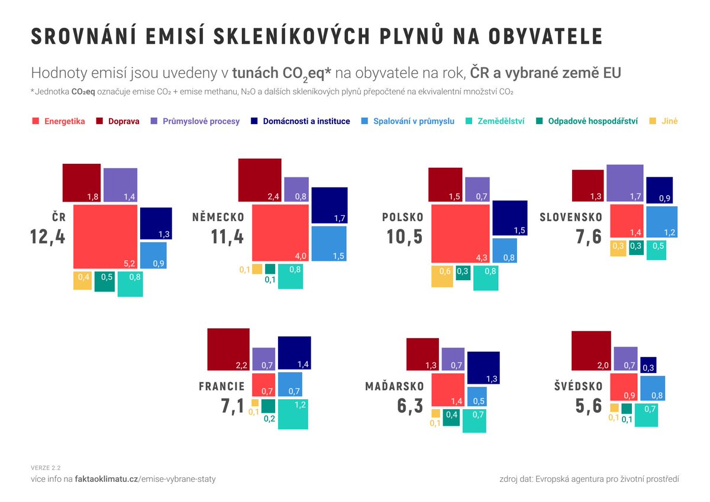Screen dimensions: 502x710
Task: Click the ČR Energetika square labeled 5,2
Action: pyautogui.click(x=105, y=237)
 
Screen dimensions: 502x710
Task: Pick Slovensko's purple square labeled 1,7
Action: pyautogui.click(x=624, y=183)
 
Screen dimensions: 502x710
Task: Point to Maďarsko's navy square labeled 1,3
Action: pyautogui.click(x=483, y=367)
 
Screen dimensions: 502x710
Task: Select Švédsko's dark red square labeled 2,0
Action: pyautogui.click(x=591, y=351)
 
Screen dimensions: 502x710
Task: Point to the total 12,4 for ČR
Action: pyautogui.click(x=48, y=237)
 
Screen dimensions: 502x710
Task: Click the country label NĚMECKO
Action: pyautogui.click(x=218, y=218)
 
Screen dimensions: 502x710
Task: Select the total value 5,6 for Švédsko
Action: pyautogui.click(x=589, y=407)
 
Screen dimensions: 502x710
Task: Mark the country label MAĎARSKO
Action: pyautogui.click(x=395, y=387)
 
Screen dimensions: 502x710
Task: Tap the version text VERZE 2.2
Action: pyautogui.click(x=46, y=468)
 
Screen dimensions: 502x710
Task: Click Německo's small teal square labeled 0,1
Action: pyautogui.click(x=270, y=268)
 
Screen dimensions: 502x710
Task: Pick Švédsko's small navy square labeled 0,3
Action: pyautogui.click(x=648, y=364)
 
